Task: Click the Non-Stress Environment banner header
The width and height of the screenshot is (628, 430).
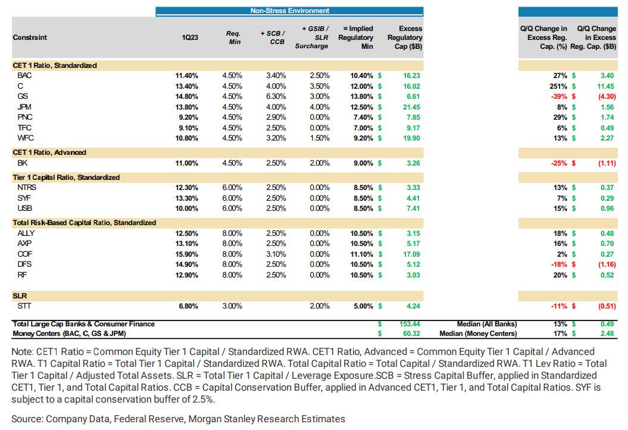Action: click(x=289, y=11)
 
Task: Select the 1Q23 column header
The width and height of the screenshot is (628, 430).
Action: click(x=190, y=37)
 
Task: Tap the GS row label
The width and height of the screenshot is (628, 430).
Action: click(x=23, y=96)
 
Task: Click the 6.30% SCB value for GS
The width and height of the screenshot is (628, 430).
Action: click(x=277, y=96)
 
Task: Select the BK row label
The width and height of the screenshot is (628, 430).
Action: click(x=22, y=163)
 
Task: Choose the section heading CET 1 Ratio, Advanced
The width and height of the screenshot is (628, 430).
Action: click(x=49, y=152)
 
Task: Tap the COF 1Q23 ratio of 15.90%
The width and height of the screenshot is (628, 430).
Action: click(x=186, y=254)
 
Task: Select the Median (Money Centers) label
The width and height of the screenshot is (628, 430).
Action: click(x=478, y=334)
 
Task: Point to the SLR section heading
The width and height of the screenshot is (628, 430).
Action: click(x=20, y=296)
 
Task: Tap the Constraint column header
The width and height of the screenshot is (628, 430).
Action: click(x=30, y=37)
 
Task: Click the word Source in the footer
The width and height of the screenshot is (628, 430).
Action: click(x=26, y=419)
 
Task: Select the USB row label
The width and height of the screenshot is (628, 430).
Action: click(x=24, y=208)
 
